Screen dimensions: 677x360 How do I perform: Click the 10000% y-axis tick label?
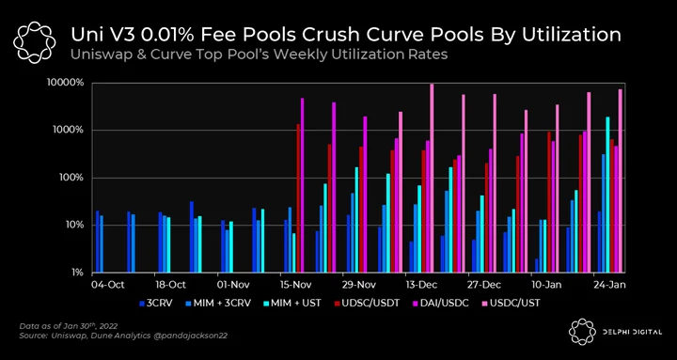click(x=66, y=84)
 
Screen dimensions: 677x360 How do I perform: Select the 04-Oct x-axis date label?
click(x=107, y=285)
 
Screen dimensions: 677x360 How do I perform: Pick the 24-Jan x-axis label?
click(x=608, y=285)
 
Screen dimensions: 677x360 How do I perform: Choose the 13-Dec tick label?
click(x=420, y=285)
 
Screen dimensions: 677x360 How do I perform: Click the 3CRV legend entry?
click(x=156, y=303)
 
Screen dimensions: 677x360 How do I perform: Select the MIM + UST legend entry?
click(x=292, y=303)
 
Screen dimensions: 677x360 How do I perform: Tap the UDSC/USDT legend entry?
click(x=368, y=303)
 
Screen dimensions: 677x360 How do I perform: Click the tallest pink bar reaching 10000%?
click(x=432, y=178)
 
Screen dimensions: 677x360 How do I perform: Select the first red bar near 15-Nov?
click(x=298, y=198)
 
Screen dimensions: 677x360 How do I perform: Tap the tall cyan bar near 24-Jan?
click(x=608, y=195)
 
